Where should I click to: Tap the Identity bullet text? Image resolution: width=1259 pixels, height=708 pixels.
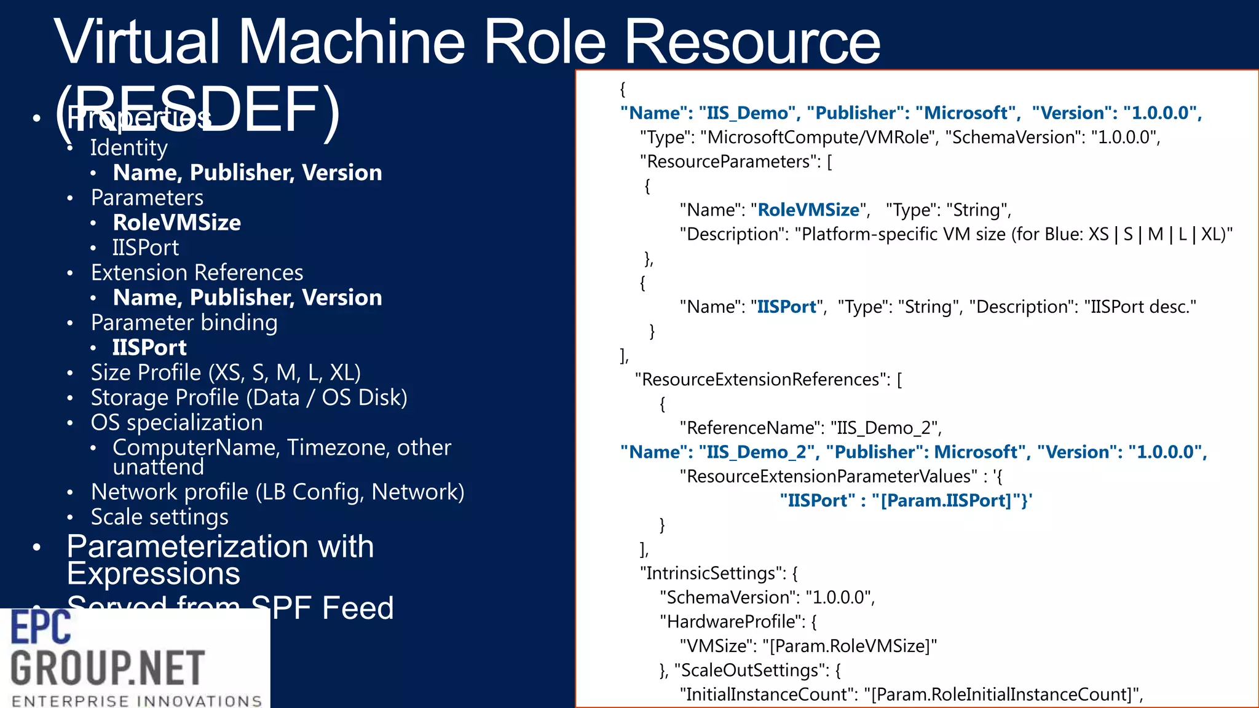pyautogui.click(x=128, y=148)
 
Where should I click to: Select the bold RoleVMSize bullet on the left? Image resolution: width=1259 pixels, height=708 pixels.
pyautogui.click(x=176, y=222)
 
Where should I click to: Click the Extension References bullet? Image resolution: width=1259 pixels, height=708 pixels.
pyautogui.click(x=197, y=272)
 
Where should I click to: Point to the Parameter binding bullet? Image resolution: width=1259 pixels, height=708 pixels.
pyautogui.click(x=184, y=323)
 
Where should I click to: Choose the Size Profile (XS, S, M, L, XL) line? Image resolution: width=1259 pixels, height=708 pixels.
pyautogui.click(x=225, y=372)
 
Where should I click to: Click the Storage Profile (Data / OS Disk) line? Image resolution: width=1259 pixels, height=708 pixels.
pyautogui.click(x=248, y=398)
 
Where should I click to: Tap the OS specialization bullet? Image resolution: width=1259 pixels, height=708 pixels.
pyautogui.click(x=176, y=423)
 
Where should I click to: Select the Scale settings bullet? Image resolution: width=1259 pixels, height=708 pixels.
pyautogui.click(x=159, y=517)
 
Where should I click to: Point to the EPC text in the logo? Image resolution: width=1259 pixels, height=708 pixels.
pyautogui.click(x=41, y=627)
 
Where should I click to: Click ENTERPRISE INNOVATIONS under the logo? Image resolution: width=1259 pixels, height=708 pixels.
pyautogui.click(x=136, y=701)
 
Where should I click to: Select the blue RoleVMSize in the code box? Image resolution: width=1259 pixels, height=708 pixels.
pyautogui.click(x=808, y=210)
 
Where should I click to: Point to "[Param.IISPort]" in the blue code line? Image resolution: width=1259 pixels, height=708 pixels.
pyautogui.click(x=947, y=501)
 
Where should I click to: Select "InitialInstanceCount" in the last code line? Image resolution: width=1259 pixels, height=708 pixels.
pyautogui.click(x=767, y=694)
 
